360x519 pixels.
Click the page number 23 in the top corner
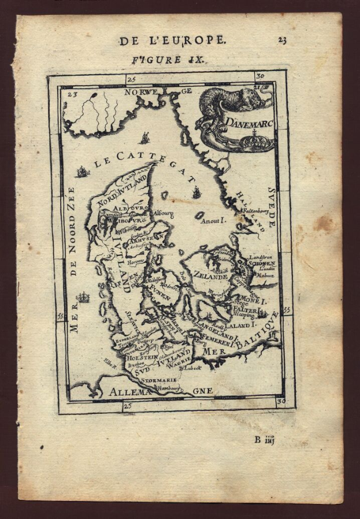281,40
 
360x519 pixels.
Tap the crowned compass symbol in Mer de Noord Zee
84,298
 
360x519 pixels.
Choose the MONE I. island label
255,301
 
